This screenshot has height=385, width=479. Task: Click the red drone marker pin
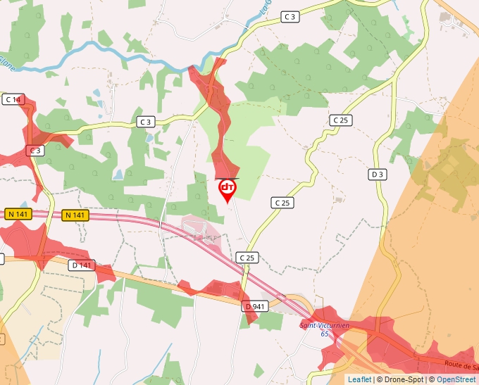click(x=228, y=189)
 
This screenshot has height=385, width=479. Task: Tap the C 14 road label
click(x=13, y=99)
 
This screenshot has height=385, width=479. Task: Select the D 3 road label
click(x=378, y=174)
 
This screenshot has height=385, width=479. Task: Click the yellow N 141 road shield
click(x=75, y=215)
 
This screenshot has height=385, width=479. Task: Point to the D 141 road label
click(x=82, y=265)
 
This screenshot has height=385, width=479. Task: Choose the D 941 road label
click(x=255, y=307)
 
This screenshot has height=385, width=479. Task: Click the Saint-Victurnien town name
click(x=325, y=325)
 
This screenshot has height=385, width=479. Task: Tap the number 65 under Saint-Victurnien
click(x=325, y=334)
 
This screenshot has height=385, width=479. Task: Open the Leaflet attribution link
click(x=359, y=379)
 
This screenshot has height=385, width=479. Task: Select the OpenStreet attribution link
click(x=457, y=379)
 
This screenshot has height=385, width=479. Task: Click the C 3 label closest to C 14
click(x=35, y=151)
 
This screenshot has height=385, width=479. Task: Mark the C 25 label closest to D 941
click(x=247, y=258)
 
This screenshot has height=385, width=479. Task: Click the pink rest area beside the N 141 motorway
click(x=201, y=231)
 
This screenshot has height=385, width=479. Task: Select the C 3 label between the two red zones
click(x=146, y=122)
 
